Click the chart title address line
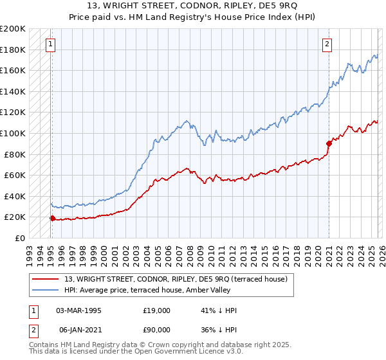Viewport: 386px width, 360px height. tap(193, 6)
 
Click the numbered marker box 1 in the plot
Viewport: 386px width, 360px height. tap(50, 44)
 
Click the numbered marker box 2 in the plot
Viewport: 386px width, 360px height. tap(327, 44)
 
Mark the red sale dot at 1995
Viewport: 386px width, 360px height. tap(52, 218)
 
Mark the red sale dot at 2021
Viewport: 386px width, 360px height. tap(329, 143)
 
